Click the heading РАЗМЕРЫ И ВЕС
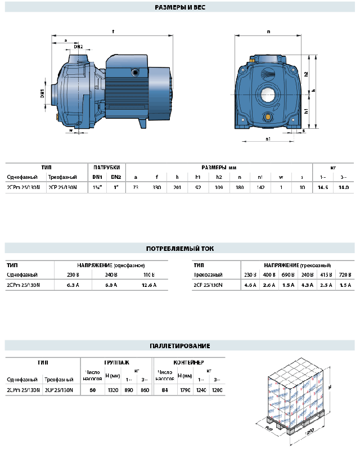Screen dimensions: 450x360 pyautogui.click(x=179, y=8)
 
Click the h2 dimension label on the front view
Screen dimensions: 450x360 pyautogui.click(x=307, y=74)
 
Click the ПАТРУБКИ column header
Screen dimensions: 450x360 pyautogui.click(x=106, y=167)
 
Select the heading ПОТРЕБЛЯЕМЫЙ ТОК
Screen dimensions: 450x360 pyautogui.click(x=179, y=248)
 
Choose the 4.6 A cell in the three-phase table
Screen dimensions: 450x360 pyautogui.click(x=250, y=285)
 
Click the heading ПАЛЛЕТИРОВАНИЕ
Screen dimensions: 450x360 pyautogui.click(x=179, y=345)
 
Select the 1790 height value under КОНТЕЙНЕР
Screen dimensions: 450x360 pyautogui.click(x=184, y=390)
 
